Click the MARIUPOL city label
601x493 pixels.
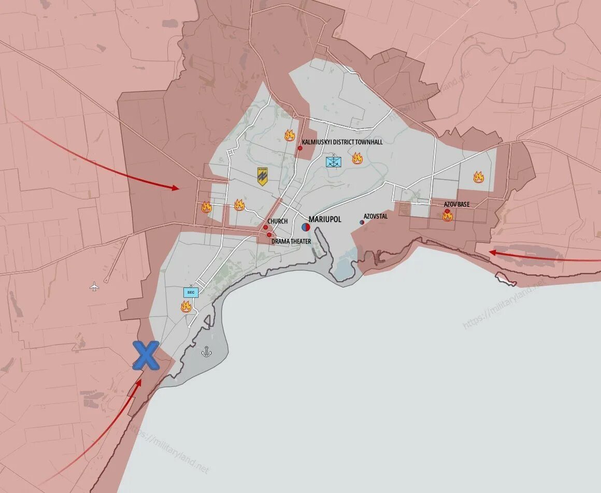point(325,220)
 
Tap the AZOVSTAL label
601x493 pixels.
point(376,216)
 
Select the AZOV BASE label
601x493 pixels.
point(456,205)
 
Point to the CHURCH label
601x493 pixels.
point(278,222)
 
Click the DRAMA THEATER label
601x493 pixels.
point(291,241)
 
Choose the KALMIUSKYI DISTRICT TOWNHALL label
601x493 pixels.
point(342,142)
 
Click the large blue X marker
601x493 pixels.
point(146,355)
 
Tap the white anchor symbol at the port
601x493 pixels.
point(206,352)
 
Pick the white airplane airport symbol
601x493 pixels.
point(94,286)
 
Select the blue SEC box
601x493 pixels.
point(191,292)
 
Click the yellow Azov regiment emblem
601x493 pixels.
point(263,177)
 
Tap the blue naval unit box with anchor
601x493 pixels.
point(333,162)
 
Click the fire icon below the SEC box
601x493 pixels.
point(186,307)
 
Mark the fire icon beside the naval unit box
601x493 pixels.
point(357,158)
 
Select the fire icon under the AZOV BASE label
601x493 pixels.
point(448,216)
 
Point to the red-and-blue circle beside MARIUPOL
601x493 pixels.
point(306,227)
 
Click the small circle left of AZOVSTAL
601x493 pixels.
point(362,222)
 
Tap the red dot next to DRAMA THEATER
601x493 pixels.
point(269,235)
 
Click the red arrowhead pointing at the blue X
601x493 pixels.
point(138,383)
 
